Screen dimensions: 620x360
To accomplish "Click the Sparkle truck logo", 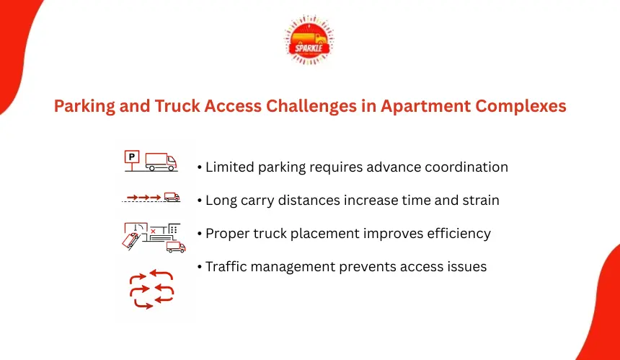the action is point(309,40).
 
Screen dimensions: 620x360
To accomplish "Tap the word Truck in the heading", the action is point(177,106).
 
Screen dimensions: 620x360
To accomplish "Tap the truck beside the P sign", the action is point(161,162).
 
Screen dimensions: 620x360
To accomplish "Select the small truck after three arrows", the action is point(172,197).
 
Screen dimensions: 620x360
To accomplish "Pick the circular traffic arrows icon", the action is point(152,289).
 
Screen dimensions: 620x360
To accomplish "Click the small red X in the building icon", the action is point(153,231).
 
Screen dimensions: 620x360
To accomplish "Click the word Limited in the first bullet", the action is point(230,167).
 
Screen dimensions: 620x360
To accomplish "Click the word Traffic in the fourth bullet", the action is point(226,267).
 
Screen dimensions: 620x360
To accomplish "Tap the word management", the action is point(293,267).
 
